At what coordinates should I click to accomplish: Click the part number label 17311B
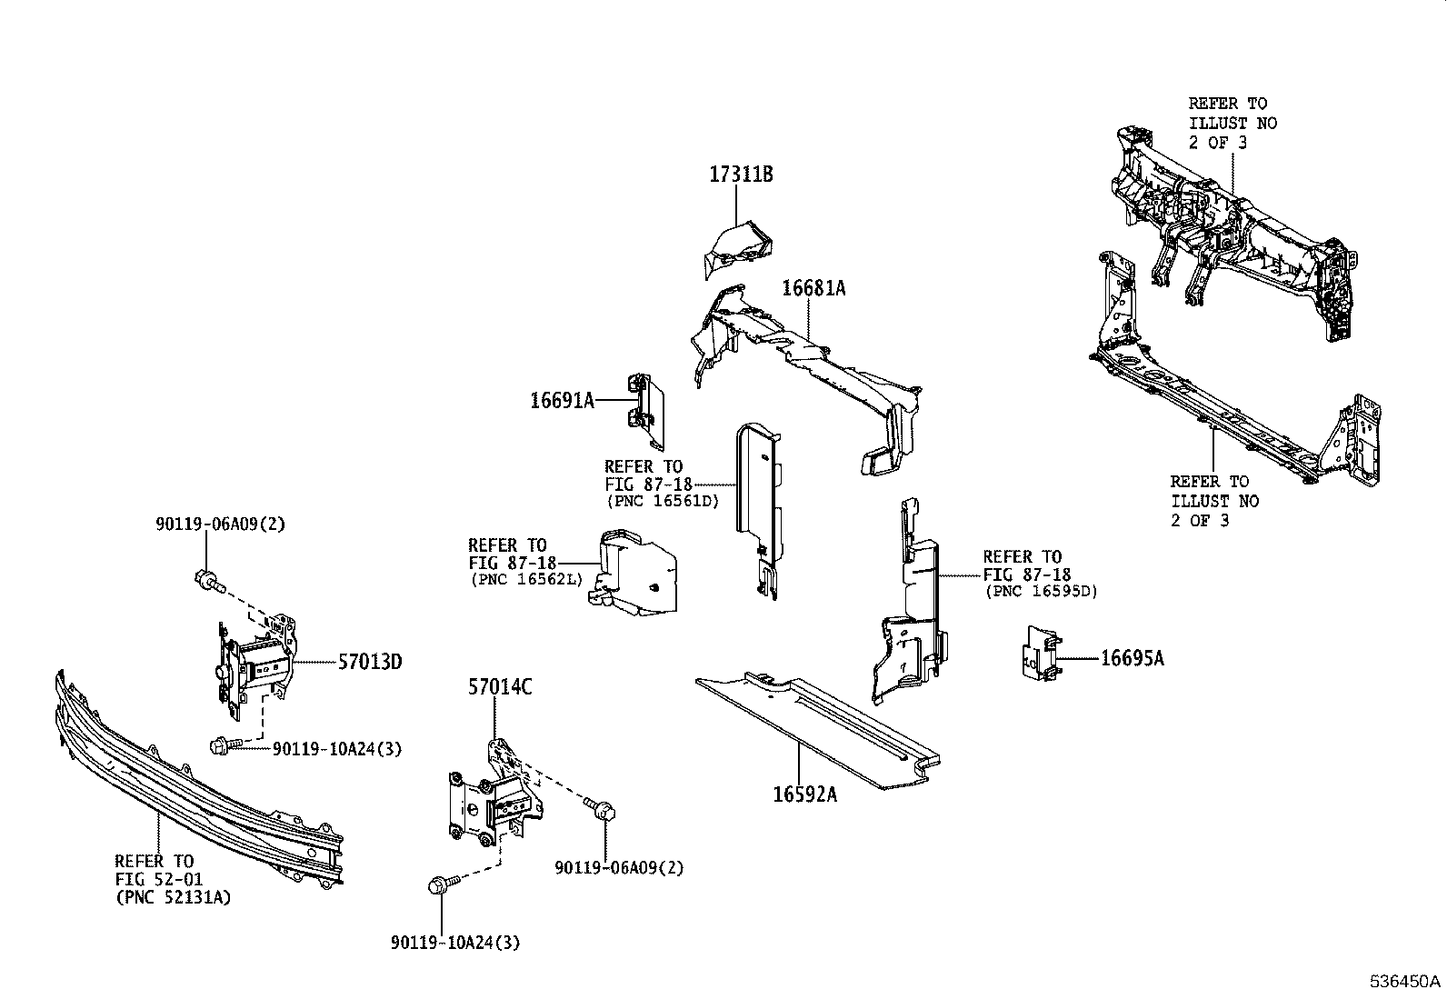click(741, 175)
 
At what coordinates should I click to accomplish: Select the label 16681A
click(813, 289)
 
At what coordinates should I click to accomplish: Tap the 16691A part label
click(562, 400)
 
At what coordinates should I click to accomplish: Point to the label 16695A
click(1132, 658)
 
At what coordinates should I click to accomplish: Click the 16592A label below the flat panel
click(804, 794)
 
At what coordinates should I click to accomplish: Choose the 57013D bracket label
click(370, 662)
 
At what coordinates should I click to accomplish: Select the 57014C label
click(500, 687)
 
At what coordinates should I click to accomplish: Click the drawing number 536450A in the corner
click(1405, 982)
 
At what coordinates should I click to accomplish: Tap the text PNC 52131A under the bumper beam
click(173, 897)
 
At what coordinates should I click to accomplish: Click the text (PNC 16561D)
click(662, 501)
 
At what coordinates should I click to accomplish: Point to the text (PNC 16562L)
click(525, 579)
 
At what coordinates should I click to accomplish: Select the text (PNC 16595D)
click(1041, 591)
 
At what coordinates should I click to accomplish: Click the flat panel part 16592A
click(818, 727)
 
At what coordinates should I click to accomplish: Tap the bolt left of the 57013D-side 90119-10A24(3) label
click(224, 746)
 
